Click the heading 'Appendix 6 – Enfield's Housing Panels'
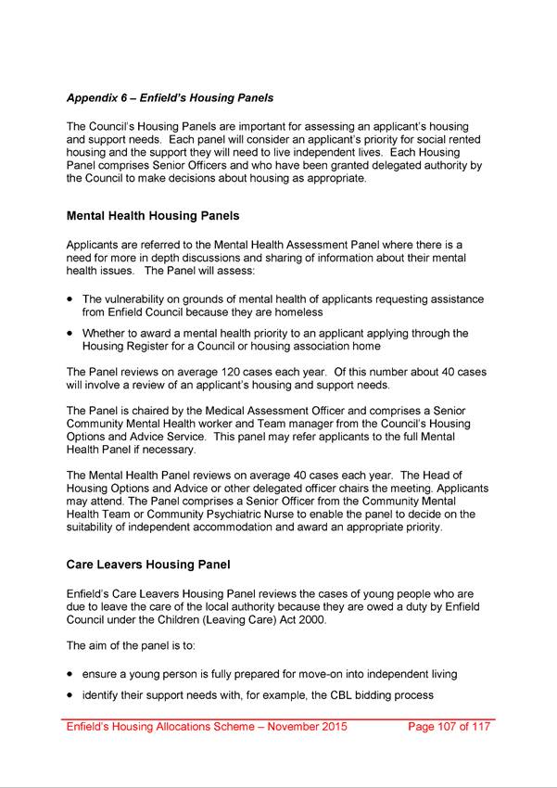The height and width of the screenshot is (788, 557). coord(170,97)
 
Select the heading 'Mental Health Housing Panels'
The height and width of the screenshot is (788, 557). coord(153,216)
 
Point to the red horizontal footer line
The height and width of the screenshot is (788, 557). coord(278,718)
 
